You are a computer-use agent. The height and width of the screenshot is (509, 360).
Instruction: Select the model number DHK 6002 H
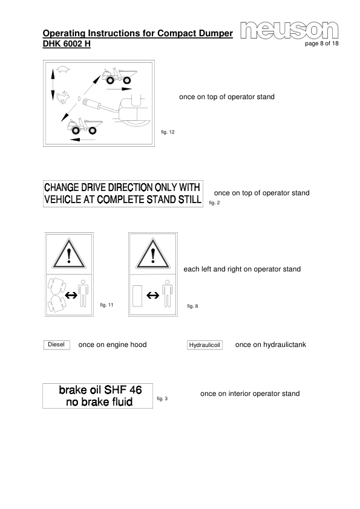point(67,45)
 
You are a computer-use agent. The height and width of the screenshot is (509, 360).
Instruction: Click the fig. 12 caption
point(168,132)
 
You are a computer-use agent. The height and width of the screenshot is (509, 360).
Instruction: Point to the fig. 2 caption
point(214,203)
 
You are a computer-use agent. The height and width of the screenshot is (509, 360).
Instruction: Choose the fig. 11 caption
point(106,304)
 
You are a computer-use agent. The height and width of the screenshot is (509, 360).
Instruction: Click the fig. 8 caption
point(192,306)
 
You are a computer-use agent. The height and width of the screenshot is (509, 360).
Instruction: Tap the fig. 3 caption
point(162,398)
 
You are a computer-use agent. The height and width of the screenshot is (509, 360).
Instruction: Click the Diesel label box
point(56,345)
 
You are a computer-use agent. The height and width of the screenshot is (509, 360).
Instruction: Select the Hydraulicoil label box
point(205,345)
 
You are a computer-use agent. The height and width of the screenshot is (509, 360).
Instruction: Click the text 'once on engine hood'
point(113,345)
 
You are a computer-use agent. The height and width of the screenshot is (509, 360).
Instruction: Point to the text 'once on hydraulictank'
point(270,345)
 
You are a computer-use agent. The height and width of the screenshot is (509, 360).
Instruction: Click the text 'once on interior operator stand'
point(250,394)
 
